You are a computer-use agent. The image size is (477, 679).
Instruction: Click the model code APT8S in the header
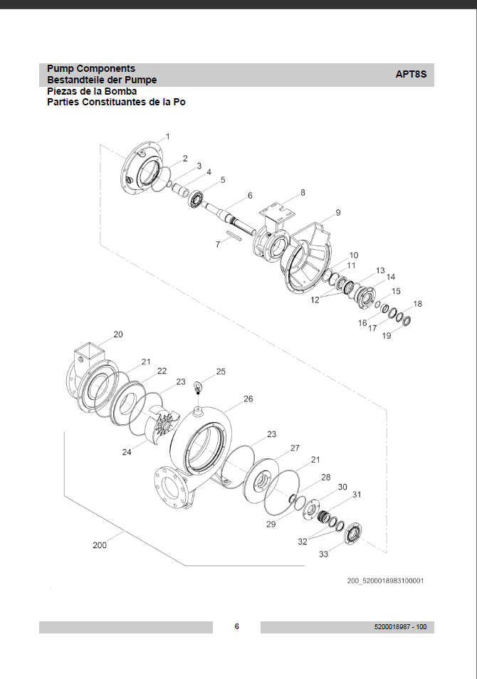coord(411,74)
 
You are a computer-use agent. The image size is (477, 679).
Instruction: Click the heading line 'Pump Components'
coord(91,68)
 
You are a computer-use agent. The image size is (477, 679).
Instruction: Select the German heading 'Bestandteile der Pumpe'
coord(102,80)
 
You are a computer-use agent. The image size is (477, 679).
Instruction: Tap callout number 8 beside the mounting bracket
coord(303,193)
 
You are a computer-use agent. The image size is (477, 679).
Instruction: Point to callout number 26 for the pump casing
coord(248,399)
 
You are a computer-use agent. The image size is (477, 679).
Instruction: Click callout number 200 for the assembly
coord(100,545)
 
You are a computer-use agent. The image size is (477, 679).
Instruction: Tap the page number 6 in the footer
coord(236,626)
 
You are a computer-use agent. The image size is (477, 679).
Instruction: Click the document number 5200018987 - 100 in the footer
coord(400,626)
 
